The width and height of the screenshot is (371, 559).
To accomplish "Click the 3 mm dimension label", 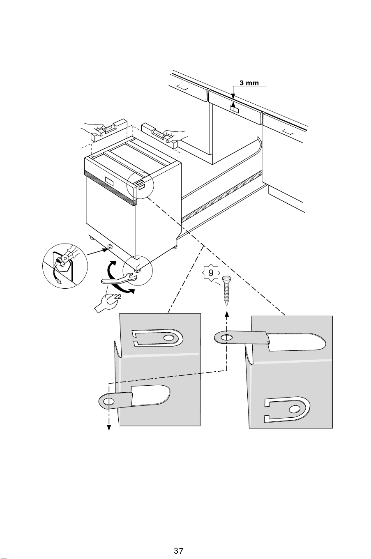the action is [249, 83].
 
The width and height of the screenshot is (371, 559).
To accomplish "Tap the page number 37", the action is [178, 543].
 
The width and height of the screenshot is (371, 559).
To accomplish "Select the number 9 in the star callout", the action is [211, 273].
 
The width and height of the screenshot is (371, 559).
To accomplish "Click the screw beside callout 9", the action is [227, 290].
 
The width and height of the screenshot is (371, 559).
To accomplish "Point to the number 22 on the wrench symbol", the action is [118, 297].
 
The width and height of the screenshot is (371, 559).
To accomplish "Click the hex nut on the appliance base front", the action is [109, 247].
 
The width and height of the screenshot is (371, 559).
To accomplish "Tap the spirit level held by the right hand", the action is [160, 136].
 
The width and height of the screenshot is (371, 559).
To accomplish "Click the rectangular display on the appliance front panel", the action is [109, 182].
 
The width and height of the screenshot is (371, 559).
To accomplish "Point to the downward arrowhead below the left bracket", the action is [109, 428].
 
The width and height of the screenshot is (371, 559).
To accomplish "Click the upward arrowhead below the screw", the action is [227, 314].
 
